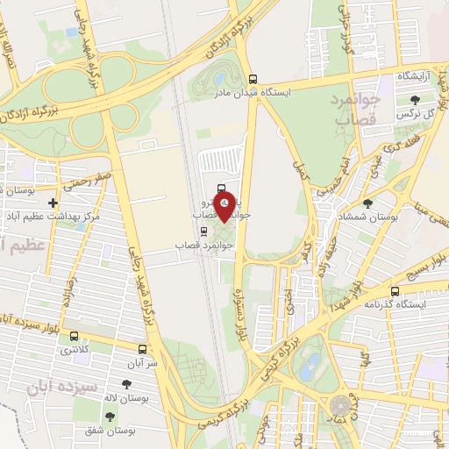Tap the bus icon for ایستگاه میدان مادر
click(253, 78)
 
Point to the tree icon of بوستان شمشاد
click(367, 203)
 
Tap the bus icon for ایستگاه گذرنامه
click(395, 291)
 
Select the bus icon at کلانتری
click(73, 336)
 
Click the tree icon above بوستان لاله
click(128, 383)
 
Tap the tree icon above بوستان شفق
click(108, 415)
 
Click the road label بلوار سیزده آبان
click(35, 317)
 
